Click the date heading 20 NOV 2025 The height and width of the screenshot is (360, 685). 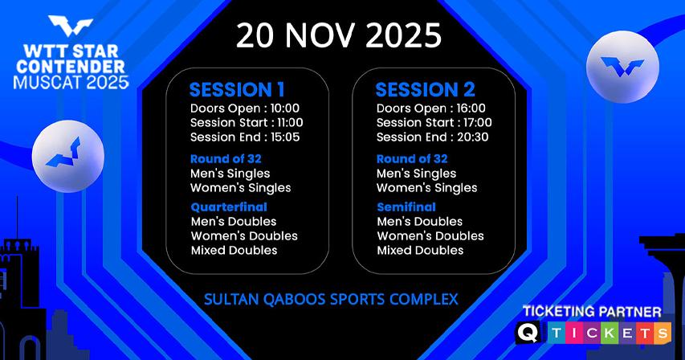339,35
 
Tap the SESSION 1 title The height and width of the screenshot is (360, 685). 237,89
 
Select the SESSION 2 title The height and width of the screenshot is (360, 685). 425,89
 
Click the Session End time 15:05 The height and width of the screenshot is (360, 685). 287,137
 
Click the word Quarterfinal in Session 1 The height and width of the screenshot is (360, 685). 229,207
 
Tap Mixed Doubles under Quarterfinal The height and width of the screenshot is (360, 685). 234,250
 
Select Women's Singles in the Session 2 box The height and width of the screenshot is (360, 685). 426,188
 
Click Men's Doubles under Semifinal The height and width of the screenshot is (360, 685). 419,221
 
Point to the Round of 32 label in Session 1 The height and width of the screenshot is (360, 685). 226,158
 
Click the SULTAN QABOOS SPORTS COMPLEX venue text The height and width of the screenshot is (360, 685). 331,300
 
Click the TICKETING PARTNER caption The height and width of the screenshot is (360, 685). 592,311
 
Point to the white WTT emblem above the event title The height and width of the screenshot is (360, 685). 71,27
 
